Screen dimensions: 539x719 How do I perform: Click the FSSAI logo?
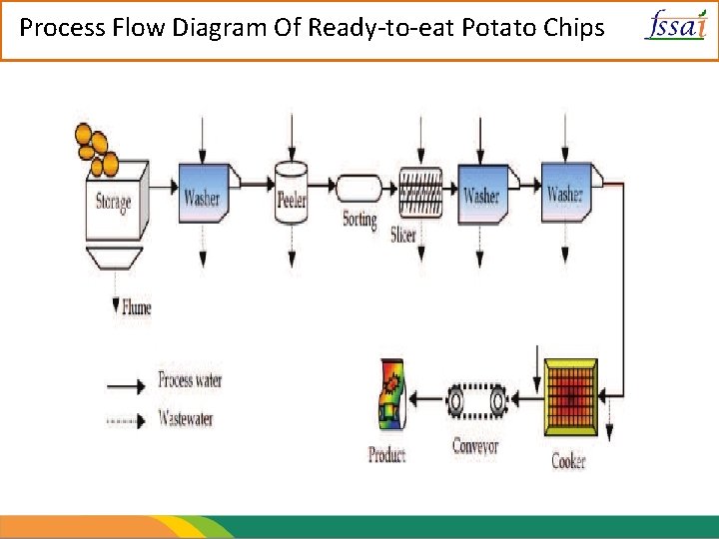click(675, 24)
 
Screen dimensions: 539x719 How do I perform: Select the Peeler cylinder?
click(292, 192)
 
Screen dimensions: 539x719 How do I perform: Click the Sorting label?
click(359, 220)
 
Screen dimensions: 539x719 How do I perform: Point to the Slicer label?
click(403, 236)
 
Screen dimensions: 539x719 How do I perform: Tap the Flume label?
click(136, 307)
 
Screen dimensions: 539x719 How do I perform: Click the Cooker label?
click(569, 461)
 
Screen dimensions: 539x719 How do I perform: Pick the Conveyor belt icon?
click(476, 402)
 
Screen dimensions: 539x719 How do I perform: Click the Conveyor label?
click(475, 446)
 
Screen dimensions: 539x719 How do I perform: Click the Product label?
click(386, 456)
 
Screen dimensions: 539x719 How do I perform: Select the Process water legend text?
click(190, 380)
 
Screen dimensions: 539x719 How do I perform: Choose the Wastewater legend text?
click(186, 418)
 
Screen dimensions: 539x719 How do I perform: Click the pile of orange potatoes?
click(95, 145)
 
